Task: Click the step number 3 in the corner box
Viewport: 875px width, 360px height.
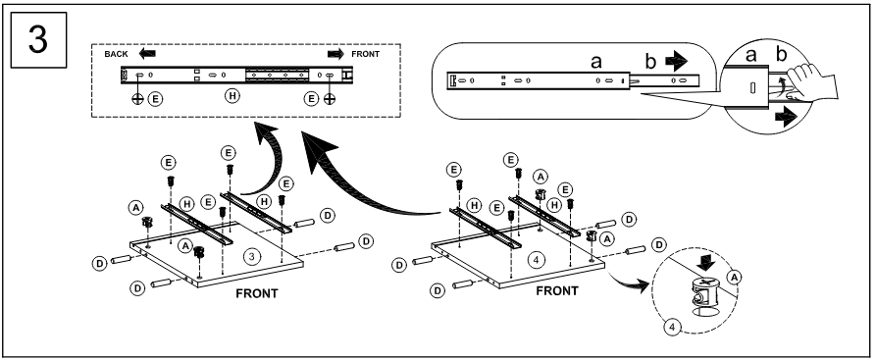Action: tap(38, 39)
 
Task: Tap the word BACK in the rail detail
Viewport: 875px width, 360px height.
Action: tap(116, 54)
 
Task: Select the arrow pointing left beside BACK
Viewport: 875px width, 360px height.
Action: tap(147, 54)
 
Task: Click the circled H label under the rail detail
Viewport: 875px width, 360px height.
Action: tap(232, 96)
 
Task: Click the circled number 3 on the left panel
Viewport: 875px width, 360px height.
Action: tap(252, 256)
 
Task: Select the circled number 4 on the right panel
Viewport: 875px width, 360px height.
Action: tap(537, 260)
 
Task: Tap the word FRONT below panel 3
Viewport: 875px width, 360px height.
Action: tap(257, 293)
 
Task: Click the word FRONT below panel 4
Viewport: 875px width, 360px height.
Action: tap(557, 291)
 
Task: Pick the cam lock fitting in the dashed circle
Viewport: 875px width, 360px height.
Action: tap(706, 294)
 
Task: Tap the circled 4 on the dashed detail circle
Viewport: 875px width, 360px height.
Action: tap(672, 327)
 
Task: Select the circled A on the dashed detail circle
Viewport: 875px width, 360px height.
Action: tap(735, 277)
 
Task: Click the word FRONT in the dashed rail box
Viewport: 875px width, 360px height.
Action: tap(365, 54)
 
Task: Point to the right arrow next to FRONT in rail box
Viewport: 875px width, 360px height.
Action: tap(335, 54)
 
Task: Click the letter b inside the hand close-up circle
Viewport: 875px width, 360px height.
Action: tap(781, 55)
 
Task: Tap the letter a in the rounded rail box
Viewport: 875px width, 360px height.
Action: tap(596, 62)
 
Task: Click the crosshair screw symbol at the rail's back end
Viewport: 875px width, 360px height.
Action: tap(137, 99)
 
